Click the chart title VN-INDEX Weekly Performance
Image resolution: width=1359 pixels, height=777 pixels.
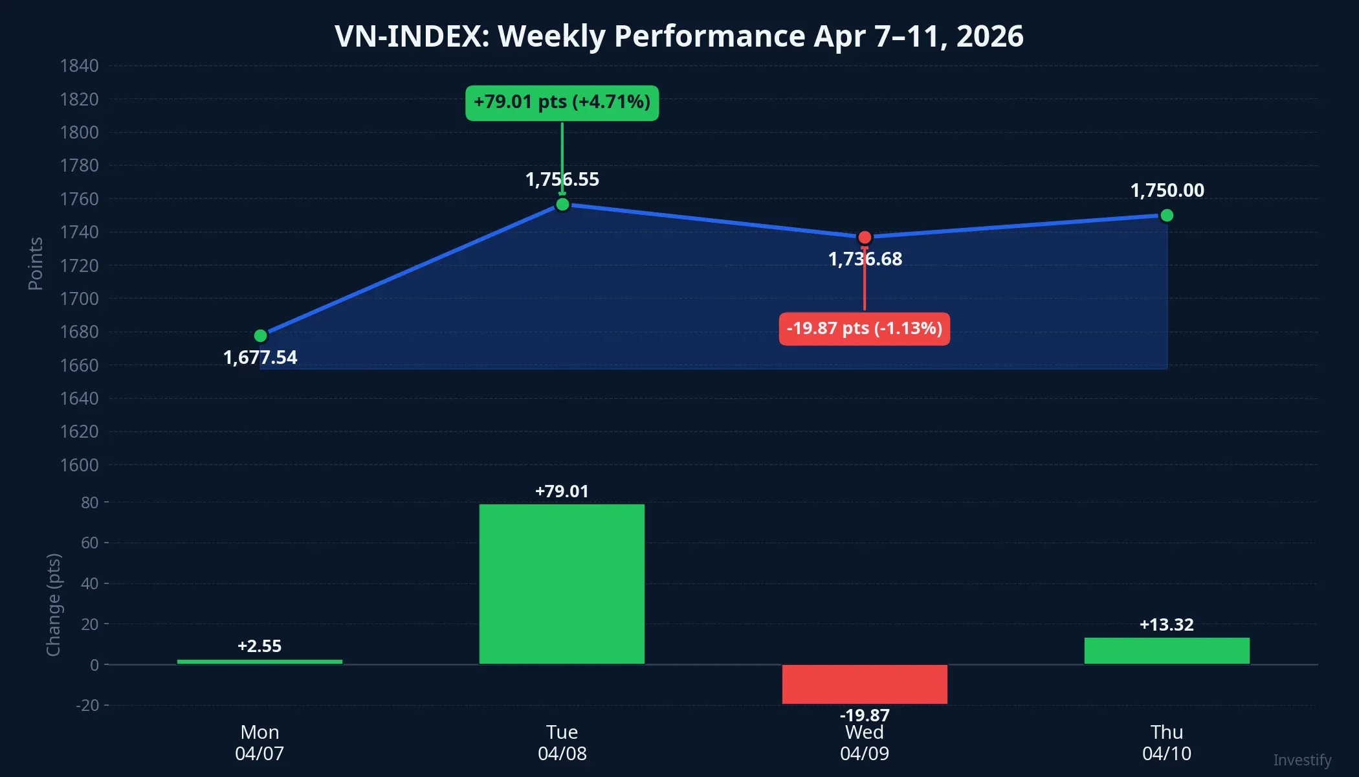679,36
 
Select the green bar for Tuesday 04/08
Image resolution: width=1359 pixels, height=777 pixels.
562,583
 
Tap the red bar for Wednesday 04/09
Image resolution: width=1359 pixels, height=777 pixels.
865,684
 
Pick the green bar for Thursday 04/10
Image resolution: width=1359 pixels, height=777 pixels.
1167,651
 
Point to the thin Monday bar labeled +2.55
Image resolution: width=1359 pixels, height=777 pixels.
260,662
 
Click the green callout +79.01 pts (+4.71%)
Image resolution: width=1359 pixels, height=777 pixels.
562,102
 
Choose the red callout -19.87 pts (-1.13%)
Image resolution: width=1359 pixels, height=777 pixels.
865,329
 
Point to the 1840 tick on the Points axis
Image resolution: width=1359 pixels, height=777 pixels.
79,66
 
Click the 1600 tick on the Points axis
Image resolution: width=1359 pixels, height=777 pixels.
79,465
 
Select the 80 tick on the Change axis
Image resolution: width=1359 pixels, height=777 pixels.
89,502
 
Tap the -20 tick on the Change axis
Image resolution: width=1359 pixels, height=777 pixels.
87,705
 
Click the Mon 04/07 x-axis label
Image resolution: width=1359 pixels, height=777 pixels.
260,743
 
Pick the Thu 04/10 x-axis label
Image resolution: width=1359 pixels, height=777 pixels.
1167,743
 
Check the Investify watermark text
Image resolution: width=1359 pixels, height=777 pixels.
1302,760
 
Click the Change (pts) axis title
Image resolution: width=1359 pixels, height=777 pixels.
54,605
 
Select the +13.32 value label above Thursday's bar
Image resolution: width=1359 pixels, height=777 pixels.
1166,625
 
